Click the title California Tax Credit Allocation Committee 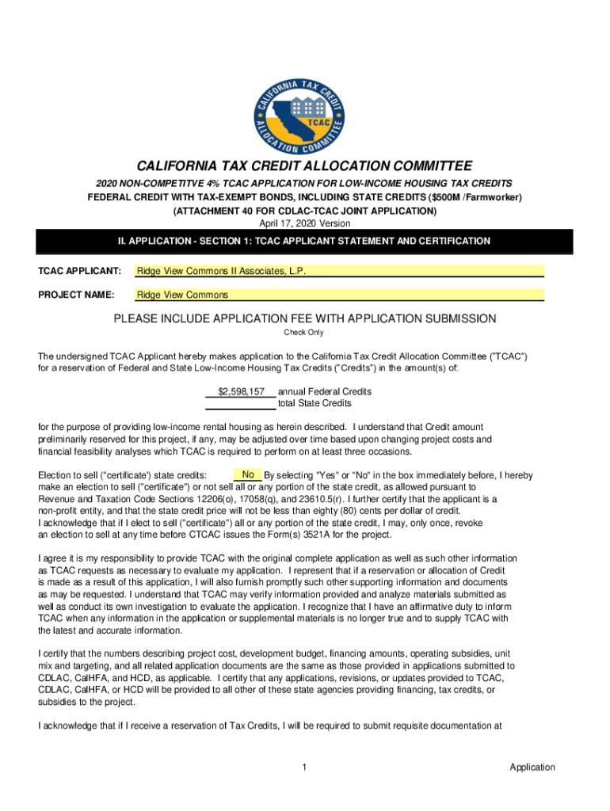click(x=305, y=166)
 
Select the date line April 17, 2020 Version click(x=305, y=223)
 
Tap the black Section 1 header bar click(x=305, y=241)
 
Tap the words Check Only click(x=304, y=333)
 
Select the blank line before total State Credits click(x=241, y=403)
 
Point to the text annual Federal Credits click(x=325, y=391)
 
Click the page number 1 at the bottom click(x=305, y=767)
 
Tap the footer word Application click(x=532, y=767)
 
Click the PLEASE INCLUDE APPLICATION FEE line click(x=305, y=319)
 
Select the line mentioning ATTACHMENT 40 click(x=305, y=211)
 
